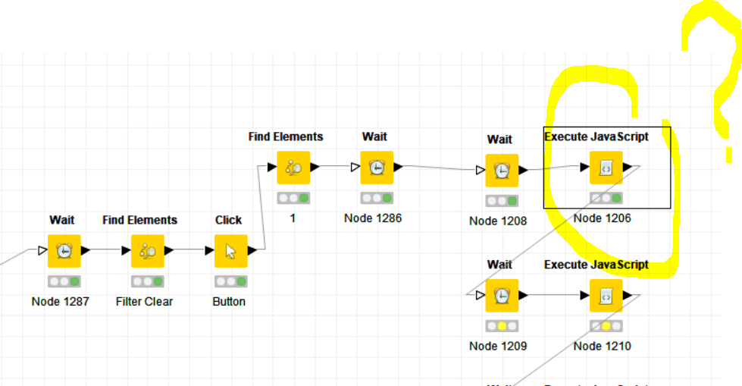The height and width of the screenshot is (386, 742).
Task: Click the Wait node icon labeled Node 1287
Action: [x=64, y=251]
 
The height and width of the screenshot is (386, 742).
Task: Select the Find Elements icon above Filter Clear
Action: [x=147, y=251]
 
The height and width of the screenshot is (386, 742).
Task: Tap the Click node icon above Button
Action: [x=230, y=251]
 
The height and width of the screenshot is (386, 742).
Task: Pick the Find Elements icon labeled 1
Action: [x=293, y=168]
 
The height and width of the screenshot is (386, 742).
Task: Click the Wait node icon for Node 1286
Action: [x=377, y=168]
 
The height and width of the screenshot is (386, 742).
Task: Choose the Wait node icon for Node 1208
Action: [x=502, y=171]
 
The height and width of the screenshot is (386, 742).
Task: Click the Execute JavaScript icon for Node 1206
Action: [x=606, y=168]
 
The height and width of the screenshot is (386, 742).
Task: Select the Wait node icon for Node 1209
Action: [x=502, y=296]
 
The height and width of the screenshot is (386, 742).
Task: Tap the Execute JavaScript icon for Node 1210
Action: [x=606, y=296]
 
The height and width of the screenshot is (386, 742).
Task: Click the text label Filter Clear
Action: [x=144, y=302]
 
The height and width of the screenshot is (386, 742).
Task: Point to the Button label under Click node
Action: [x=229, y=302]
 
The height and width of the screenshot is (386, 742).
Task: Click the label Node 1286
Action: [x=373, y=218]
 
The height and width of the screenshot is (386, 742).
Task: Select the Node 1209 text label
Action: [x=498, y=347]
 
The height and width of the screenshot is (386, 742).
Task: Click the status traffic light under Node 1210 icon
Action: [x=606, y=326]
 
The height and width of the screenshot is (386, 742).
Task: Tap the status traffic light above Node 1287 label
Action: [x=64, y=281]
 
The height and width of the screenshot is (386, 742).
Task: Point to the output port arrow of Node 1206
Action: [x=628, y=167]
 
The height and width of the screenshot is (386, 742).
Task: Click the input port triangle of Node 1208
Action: [x=481, y=171]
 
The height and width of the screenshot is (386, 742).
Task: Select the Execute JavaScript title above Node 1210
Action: [x=596, y=265]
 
